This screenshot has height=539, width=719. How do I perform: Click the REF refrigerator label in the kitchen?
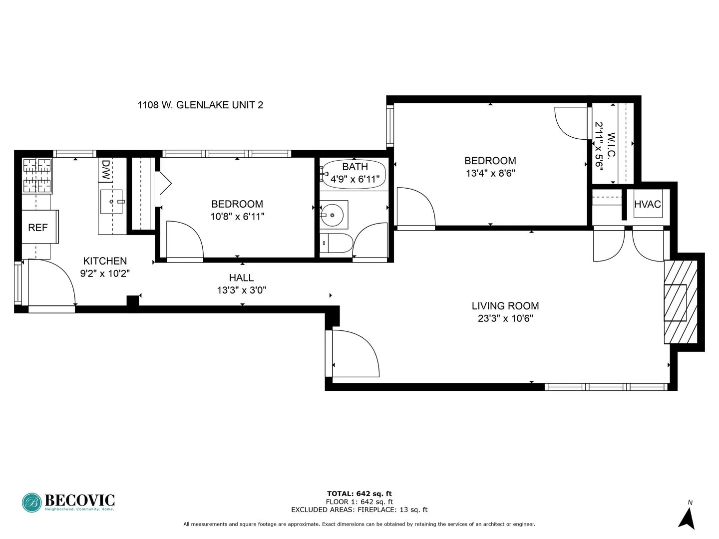(x=38, y=228)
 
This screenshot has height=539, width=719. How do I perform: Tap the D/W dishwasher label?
(x=106, y=164)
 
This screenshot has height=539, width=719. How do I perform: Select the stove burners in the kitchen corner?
(x=37, y=176)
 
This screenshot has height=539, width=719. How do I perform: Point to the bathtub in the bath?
(x=354, y=173)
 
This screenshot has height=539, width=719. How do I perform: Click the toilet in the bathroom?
(x=336, y=244)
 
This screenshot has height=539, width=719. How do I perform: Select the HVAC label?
(x=647, y=204)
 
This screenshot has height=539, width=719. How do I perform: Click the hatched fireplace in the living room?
(x=680, y=302)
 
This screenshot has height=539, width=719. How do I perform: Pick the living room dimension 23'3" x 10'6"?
(x=505, y=318)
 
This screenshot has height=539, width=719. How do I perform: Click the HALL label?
(x=241, y=278)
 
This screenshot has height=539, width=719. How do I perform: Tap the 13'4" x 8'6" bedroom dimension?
(x=490, y=173)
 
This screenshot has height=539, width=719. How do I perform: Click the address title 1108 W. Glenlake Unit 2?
(x=200, y=105)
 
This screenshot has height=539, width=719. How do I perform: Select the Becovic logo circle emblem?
(x=32, y=503)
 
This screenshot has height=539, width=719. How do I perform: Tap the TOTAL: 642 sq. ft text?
(x=359, y=494)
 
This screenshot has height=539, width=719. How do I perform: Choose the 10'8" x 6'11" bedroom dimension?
(x=237, y=217)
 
